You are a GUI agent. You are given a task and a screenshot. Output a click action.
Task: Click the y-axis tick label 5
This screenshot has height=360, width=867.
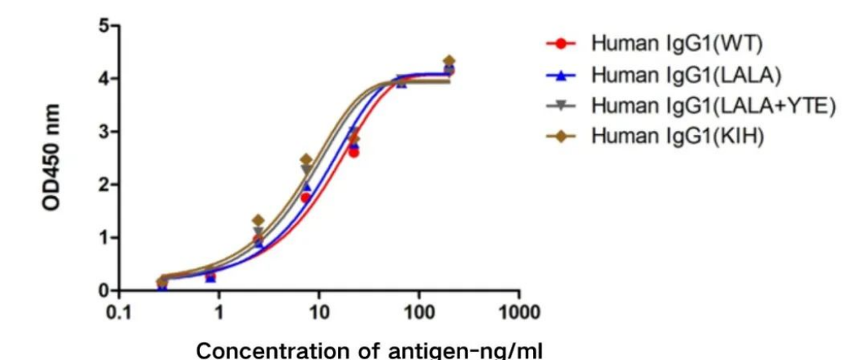point(104,26)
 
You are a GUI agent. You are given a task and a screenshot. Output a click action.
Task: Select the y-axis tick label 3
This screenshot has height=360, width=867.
point(104,131)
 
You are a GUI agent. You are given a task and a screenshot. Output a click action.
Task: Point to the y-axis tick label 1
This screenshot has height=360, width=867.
point(104,238)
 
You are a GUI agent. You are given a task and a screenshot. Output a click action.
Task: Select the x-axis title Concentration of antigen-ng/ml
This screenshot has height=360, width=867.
point(368,349)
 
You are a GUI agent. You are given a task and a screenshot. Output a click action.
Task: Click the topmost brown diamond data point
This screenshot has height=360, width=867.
point(448,61)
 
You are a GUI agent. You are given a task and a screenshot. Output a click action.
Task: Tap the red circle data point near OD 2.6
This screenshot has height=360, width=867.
point(354,152)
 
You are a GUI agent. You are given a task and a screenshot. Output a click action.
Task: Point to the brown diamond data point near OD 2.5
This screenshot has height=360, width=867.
point(306,160)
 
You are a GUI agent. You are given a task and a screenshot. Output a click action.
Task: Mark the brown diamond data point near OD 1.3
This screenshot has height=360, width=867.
point(258,220)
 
